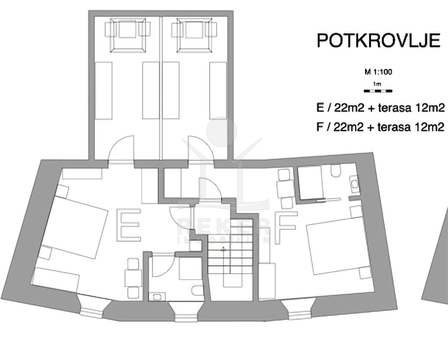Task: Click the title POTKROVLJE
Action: coord(379,41)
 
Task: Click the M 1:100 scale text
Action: coord(378,72)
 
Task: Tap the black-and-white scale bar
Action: coord(378,91)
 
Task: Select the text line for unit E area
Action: coord(380,108)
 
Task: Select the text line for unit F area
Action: coord(380,127)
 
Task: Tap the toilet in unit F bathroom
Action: coord(336,171)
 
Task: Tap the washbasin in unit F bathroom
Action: coord(355,184)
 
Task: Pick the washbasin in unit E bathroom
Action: coord(157,297)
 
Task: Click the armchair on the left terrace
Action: coord(128,35)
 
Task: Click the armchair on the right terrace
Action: coord(194,35)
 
